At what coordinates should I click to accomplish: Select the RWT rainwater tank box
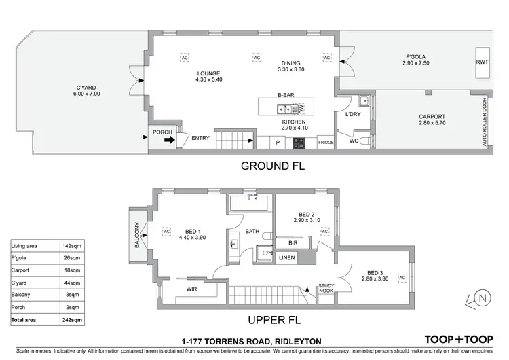tap(482, 62)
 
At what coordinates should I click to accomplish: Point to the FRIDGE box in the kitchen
tap(326, 142)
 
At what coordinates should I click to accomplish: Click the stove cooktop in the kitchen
tap(299, 142)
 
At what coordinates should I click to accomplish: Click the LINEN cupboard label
tap(287, 257)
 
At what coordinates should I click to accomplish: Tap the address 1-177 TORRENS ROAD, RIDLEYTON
tap(251, 340)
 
